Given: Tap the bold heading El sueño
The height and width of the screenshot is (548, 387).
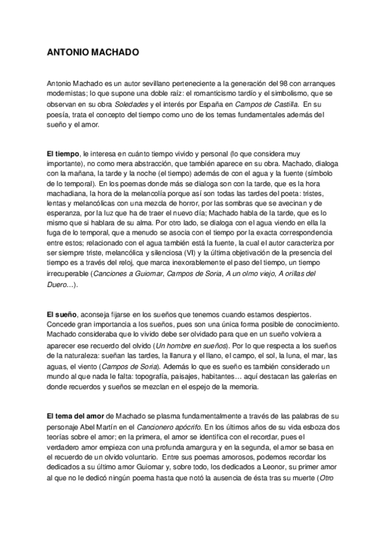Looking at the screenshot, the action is tap(61, 314).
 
